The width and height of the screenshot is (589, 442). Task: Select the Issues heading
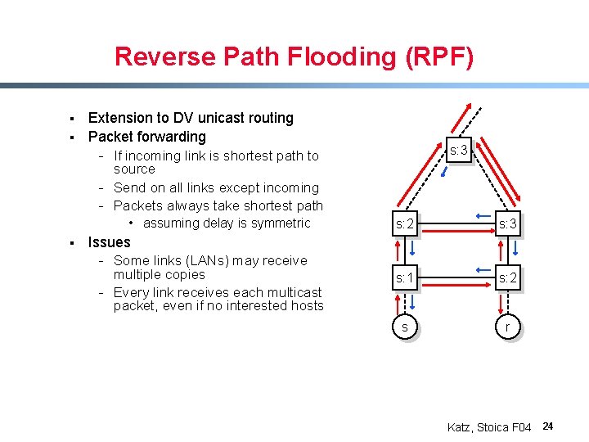pos(109,242)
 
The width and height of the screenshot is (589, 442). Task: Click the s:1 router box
pos(404,278)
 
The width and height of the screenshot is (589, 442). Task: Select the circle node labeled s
pos(404,327)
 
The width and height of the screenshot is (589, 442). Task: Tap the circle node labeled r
pos(506,327)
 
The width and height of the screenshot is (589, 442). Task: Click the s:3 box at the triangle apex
pos(458,151)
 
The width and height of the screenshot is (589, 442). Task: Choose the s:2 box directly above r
pos(506,278)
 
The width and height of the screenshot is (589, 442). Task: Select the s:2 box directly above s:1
pos(404,224)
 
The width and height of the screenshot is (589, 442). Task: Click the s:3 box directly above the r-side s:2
pos(506,224)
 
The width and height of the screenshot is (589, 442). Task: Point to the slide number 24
pos(548,426)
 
